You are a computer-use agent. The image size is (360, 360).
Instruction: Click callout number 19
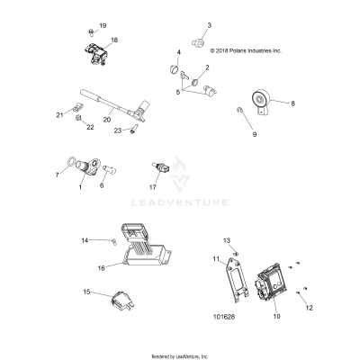pyautogui.click(x=102, y=26)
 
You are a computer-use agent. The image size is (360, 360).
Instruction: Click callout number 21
pyautogui.click(x=59, y=115)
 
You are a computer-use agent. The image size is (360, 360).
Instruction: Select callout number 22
pyautogui.click(x=90, y=129)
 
